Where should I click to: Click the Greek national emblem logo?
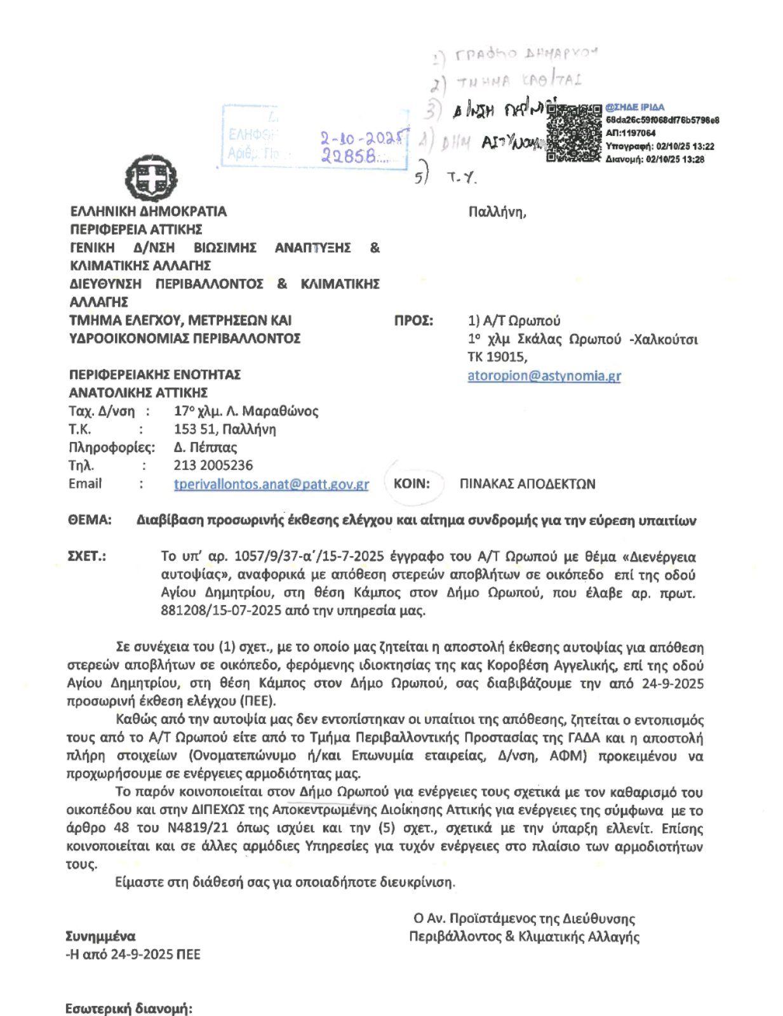151,177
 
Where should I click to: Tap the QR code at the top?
573,133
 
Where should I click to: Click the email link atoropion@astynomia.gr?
544,375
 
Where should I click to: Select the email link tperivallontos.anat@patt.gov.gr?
271,484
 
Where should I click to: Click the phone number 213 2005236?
213,465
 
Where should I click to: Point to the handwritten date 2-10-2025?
362,138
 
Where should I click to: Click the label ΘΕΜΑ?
90,520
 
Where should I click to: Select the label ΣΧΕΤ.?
86,556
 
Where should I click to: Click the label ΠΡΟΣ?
413,321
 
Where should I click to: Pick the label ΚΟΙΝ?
412,484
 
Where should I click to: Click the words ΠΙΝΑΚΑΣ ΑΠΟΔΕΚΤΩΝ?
527,484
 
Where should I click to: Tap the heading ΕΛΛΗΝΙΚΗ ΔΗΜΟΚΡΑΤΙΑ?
148,211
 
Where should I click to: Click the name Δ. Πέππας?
205,447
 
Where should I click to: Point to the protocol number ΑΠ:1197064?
631,133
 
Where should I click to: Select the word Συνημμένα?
100,936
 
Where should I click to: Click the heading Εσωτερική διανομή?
128,1008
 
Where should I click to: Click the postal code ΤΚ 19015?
497,357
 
